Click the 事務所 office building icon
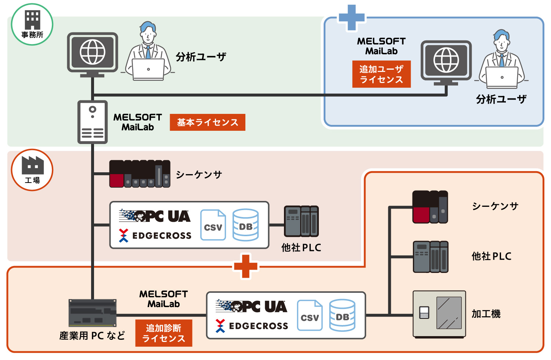(x=32, y=20)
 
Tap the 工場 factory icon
(x=33, y=165)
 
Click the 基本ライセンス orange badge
(x=208, y=122)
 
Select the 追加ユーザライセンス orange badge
(x=381, y=74)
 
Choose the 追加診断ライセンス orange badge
(x=164, y=333)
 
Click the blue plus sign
(x=352, y=17)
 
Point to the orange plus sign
(x=246, y=266)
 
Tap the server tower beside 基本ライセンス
(x=93, y=122)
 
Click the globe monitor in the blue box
(x=446, y=61)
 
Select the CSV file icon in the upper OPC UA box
(x=213, y=225)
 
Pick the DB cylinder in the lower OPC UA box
(x=342, y=315)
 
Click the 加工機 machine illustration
(x=439, y=314)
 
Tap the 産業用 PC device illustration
(x=93, y=313)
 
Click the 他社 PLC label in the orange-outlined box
(x=491, y=256)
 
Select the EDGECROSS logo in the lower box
(x=252, y=326)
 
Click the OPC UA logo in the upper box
(x=155, y=216)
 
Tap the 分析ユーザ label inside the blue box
(x=501, y=99)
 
